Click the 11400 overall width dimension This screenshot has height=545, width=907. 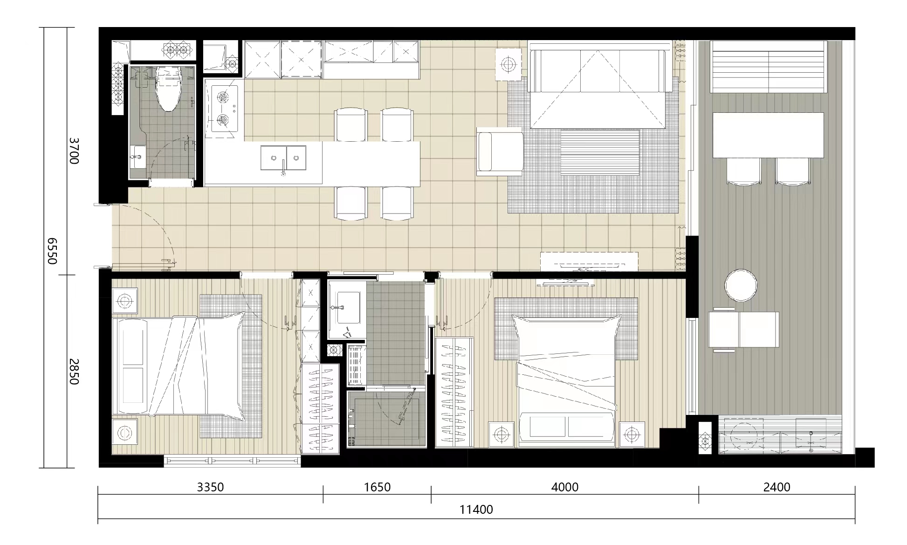476,510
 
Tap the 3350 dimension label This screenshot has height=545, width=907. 210,487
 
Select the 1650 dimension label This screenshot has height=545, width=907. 377,487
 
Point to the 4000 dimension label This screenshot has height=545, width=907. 564,487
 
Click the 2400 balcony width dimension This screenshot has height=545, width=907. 776,487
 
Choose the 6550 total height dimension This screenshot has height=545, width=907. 52,251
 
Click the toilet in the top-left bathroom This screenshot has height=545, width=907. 168,89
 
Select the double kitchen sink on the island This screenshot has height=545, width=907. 283,158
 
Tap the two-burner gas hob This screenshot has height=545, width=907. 224,109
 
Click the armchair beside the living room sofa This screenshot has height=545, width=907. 499,152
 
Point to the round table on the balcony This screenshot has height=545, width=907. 741,285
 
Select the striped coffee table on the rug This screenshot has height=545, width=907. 599,152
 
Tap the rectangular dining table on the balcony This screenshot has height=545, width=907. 768,135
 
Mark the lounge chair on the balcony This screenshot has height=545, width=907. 743,330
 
